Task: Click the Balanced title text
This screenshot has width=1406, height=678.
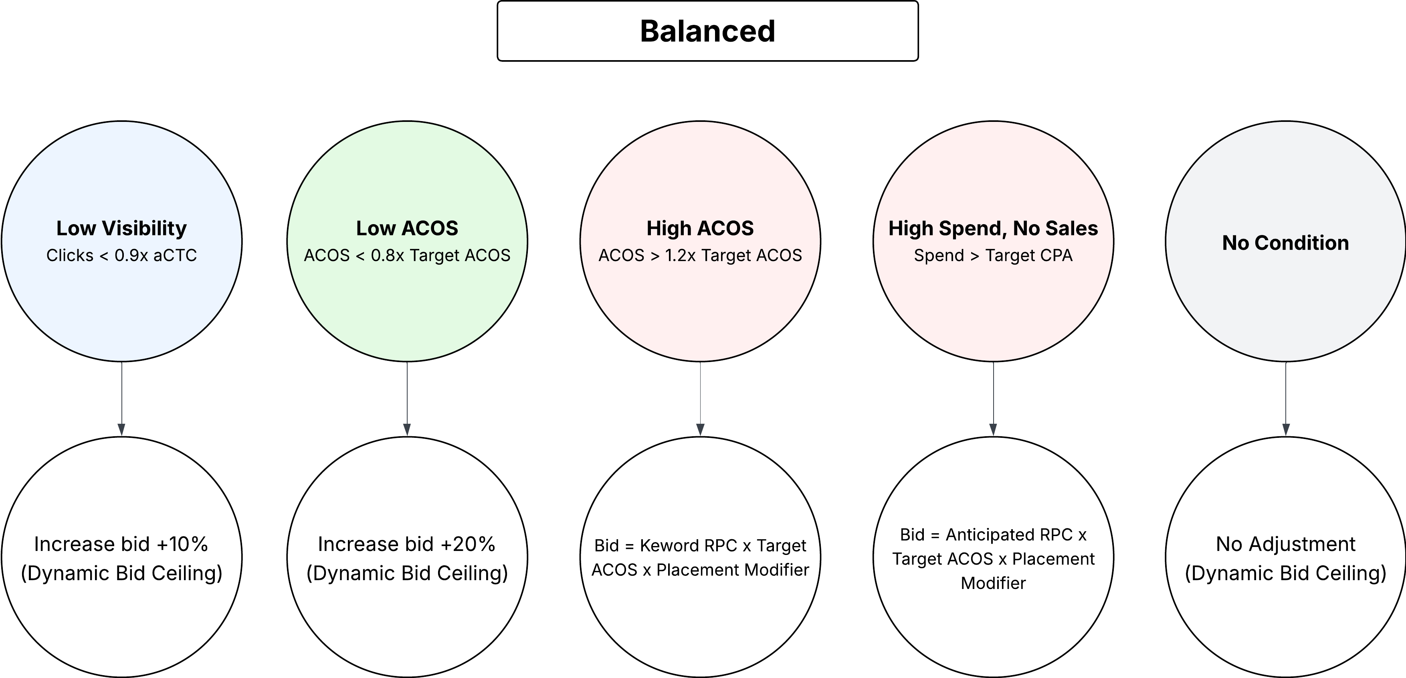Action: point(707,31)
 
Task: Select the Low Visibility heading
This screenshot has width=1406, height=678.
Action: point(121,228)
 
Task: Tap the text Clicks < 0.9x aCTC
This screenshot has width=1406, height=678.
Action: point(121,255)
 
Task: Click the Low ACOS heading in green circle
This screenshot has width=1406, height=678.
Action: point(407,228)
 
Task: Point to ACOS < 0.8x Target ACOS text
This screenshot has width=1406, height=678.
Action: point(407,255)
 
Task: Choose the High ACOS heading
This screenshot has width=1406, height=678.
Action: point(700,228)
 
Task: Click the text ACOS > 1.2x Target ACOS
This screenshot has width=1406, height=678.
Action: point(700,255)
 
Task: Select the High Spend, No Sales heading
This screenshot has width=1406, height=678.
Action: point(993,228)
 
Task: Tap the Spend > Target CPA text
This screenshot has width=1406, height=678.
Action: point(993,255)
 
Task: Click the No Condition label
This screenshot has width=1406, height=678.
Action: point(1285,243)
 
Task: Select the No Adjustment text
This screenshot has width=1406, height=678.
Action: point(1285,544)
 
